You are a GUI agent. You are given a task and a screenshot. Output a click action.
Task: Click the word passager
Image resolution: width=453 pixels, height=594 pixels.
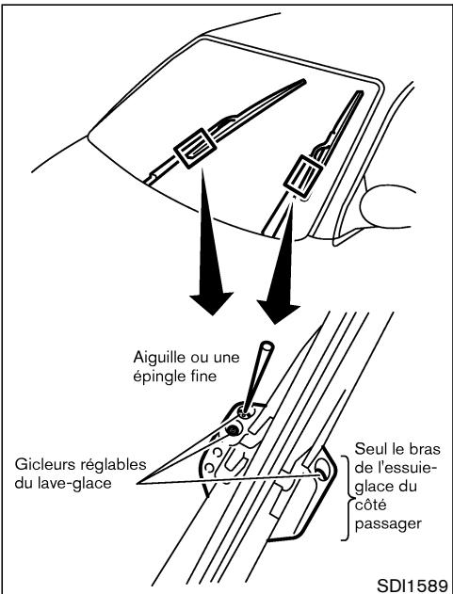[388, 525]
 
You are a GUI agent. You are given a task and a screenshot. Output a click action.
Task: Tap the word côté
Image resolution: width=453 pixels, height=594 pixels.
[370, 505]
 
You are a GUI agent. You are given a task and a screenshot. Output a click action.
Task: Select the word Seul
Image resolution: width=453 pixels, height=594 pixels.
[370, 449]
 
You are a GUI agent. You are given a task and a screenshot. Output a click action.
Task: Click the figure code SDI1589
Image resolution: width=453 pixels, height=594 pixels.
[413, 585]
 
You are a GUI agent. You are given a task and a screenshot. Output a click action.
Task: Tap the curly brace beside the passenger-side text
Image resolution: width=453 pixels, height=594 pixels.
[345, 498]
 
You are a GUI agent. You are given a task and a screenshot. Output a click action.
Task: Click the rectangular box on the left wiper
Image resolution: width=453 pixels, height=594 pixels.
[195, 148]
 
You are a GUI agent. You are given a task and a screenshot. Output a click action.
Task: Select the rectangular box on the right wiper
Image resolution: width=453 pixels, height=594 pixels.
[303, 178]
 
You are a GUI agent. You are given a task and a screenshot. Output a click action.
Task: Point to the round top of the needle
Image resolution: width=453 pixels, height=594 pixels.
[267, 345]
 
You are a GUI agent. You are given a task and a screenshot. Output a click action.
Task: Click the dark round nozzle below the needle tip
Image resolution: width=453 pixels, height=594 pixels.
[232, 429]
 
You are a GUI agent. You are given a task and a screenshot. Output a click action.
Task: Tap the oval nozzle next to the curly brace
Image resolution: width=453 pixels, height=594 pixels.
[321, 470]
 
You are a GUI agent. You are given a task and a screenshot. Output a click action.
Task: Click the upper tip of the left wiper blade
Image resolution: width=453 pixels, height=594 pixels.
[303, 81]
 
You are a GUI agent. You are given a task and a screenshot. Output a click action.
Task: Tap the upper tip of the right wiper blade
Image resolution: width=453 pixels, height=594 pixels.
[359, 92]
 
